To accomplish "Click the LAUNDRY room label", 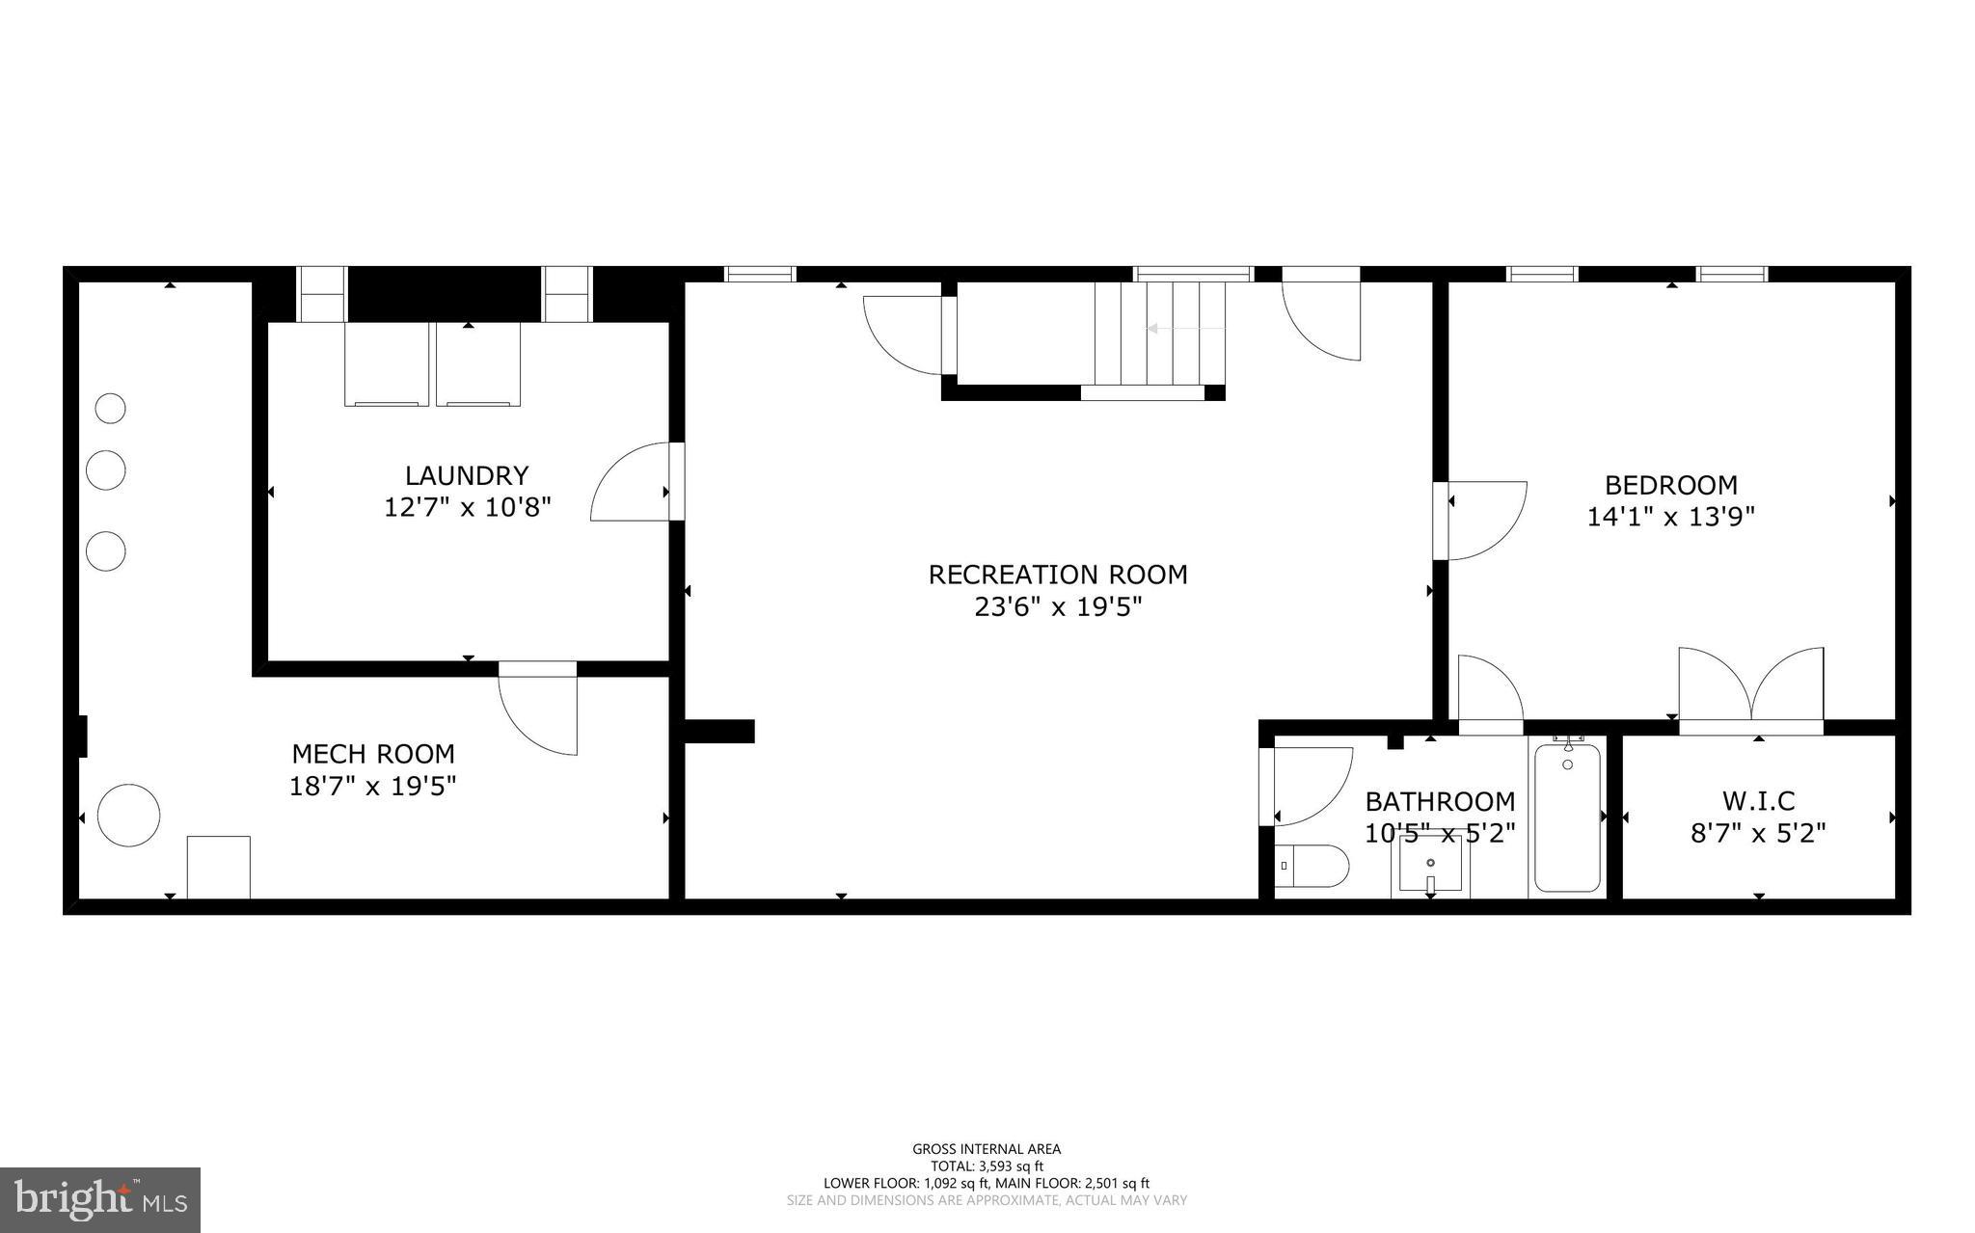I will click(x=467, y=475).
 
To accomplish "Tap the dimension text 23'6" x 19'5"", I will click(x=1058, y=607).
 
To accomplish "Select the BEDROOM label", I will click(x=1670, y=485).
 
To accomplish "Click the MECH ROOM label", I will click(x=373, y=754).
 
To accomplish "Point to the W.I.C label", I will click(x=1758, y=801).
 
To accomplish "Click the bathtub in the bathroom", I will click(x=1567, y=818).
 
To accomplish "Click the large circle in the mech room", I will click(x=128, y=816).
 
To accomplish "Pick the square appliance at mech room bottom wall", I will click(x=218, y=867).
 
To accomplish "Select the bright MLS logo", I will click(x=100, y=1198).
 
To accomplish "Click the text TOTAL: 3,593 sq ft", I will click(x=987, y=1166).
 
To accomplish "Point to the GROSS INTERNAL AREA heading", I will click(x=987, y=1148).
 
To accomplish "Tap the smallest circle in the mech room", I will click(x=110, y=409).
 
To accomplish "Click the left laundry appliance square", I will click(x=387, y=364).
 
